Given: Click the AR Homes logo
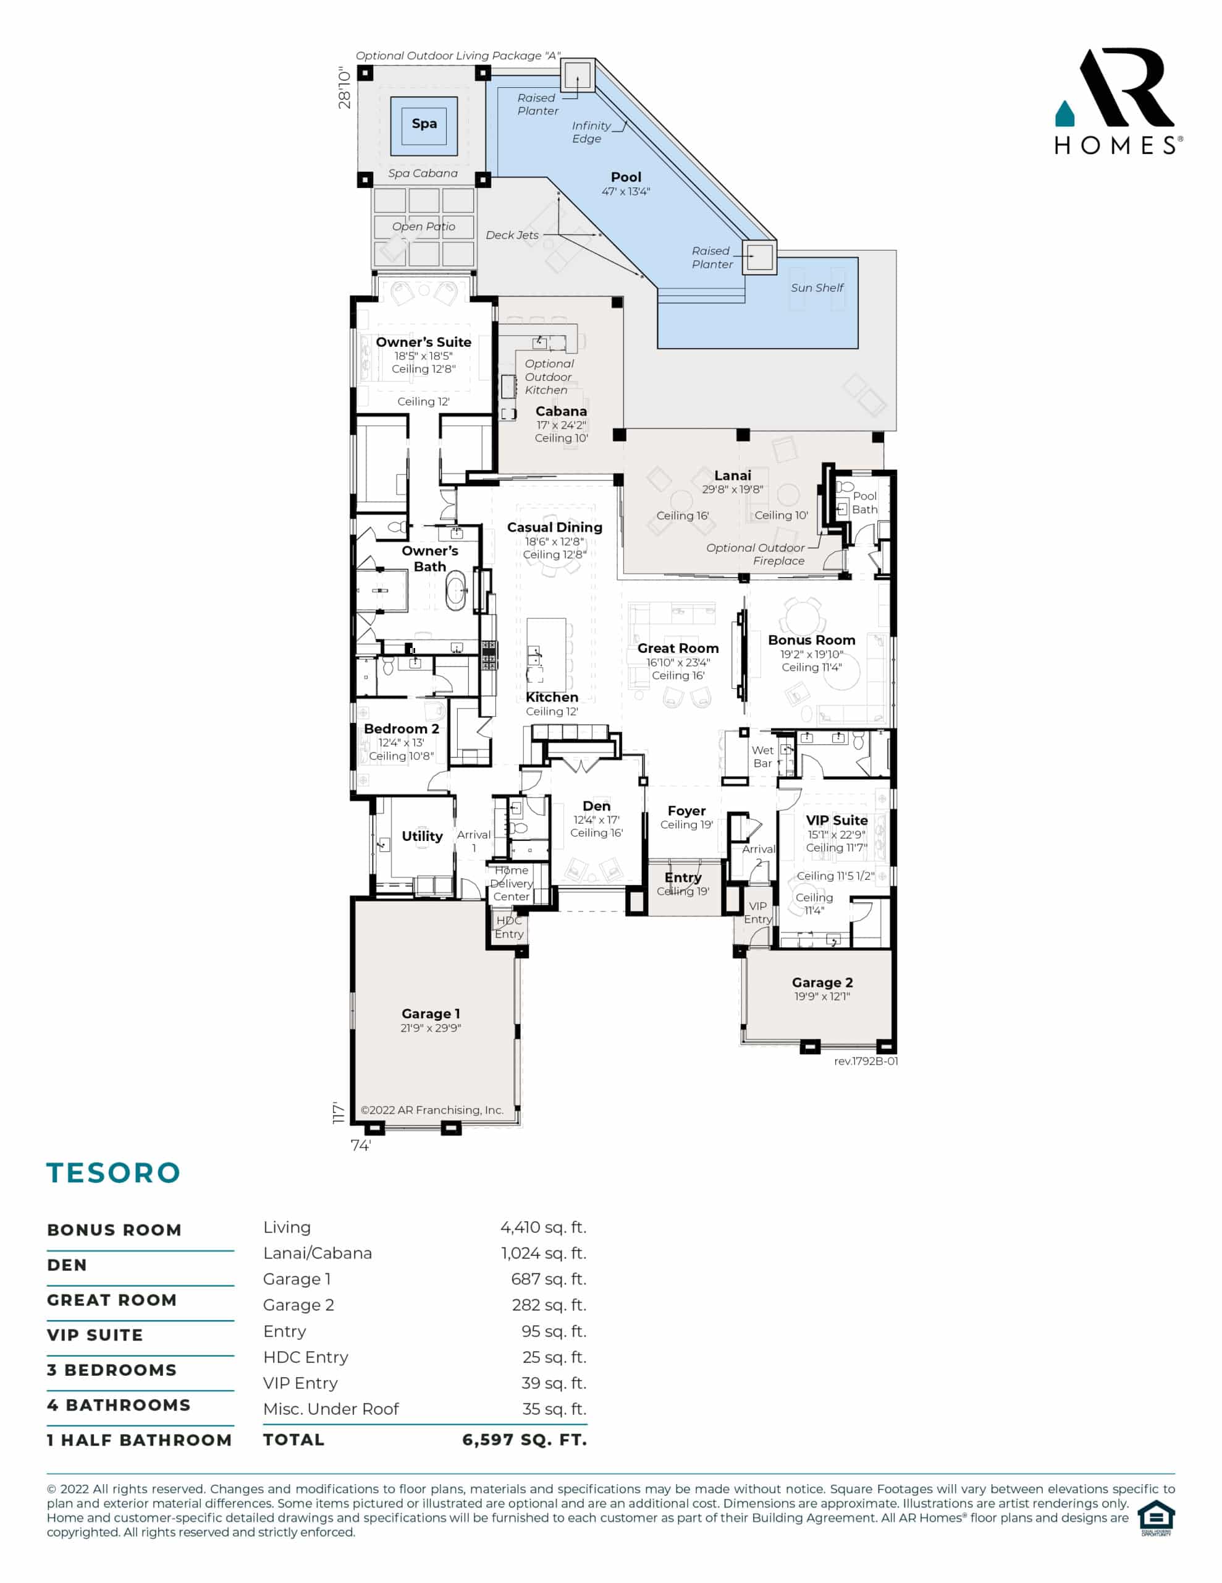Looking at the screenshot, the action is point(1118,101).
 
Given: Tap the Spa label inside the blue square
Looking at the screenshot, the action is point(424,124).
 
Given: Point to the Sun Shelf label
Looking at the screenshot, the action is point(817,288).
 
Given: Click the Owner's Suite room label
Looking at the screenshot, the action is point(423,342).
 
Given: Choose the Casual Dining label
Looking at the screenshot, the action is point(554,527).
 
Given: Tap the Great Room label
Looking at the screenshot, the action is point(678,649).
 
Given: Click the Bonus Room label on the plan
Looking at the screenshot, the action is point(811,641).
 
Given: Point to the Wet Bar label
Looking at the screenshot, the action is point(763,757).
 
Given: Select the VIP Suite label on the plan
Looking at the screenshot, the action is point(836,821).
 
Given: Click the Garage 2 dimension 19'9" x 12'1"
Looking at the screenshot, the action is point(822,997).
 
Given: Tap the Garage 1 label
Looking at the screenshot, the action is point(431,1014).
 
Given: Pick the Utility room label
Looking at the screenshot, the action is point(423,837).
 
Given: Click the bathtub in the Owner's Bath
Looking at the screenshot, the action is point(455,591).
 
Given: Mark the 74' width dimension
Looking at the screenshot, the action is point(361,1145).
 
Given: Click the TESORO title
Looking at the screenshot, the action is point(114,1173).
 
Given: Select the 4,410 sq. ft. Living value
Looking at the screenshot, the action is point(543,1227).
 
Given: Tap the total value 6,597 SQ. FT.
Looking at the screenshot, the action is point(525,1440).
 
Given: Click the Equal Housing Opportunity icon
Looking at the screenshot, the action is point(1156,1518).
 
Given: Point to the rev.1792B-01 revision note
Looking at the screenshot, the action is point(866,1061).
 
